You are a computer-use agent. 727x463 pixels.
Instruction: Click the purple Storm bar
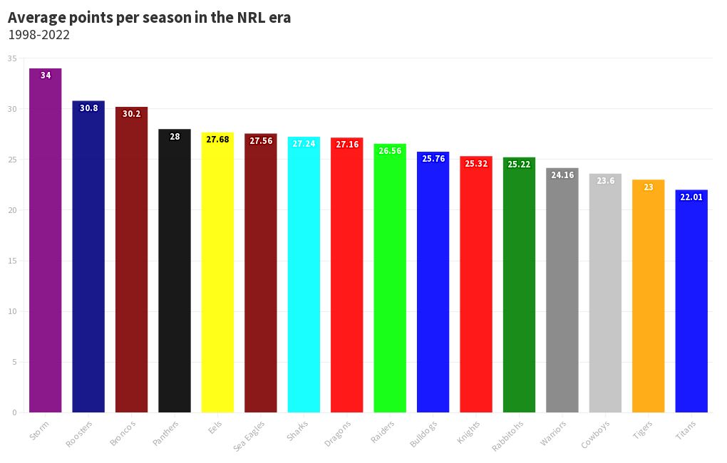tap(46, 242)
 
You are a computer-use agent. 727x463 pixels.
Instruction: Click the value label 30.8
tap(89, 108)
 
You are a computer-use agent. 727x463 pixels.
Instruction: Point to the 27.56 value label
tap(261, 141)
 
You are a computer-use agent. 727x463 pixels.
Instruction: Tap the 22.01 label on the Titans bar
tap(691, 197)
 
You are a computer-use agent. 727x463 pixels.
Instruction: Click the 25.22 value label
tap(519, 165)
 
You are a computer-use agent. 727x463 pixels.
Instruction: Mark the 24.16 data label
tap(562, 175)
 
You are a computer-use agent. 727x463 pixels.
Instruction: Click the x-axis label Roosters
tap(80, 434)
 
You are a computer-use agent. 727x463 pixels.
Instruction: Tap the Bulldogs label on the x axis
tap(424, 434)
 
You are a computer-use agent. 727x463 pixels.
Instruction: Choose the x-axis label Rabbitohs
tap(508, 436)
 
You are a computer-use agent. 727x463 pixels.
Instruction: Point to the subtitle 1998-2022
tap(38, 35)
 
